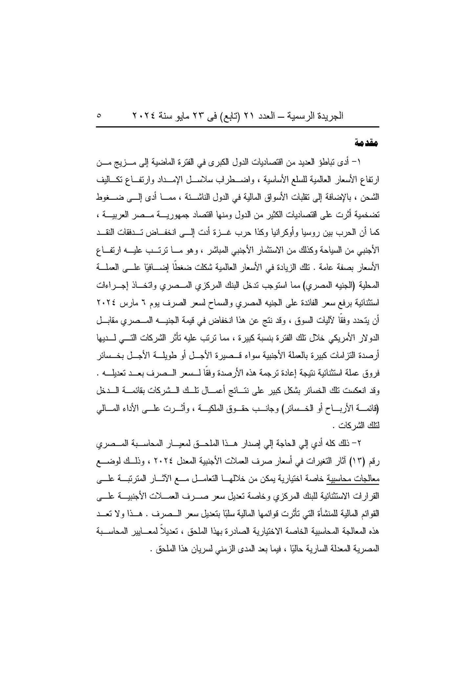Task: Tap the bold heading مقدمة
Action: pyautogui.click(x=367, y=143)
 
